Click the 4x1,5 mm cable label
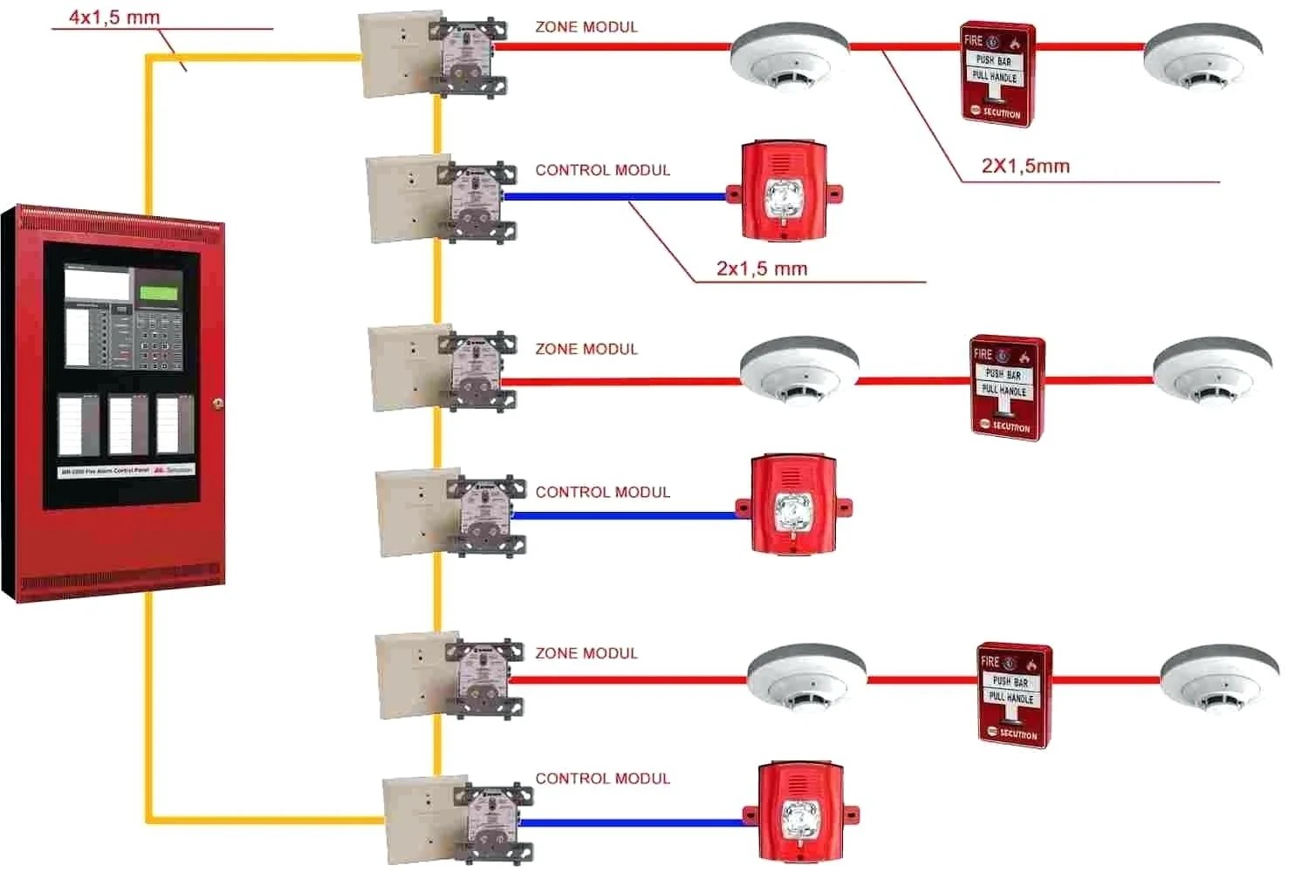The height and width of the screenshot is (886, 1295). pos(114,17)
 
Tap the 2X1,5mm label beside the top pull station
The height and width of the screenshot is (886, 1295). pos(1025,166)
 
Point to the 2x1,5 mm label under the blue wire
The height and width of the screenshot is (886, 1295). pos(762,269)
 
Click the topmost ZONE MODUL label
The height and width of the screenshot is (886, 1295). pos(586,27)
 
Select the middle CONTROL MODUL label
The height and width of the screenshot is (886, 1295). pos(603,492)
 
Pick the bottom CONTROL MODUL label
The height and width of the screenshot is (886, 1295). pos(603,779)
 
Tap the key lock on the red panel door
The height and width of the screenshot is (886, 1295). pos(217,403)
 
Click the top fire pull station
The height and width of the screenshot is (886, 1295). pos(997,75)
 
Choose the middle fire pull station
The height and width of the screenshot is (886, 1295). pos(1007,388)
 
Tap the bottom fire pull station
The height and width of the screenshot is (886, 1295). pos(1014,695)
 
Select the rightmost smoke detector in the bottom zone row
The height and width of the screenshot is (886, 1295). pos(1219,678)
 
